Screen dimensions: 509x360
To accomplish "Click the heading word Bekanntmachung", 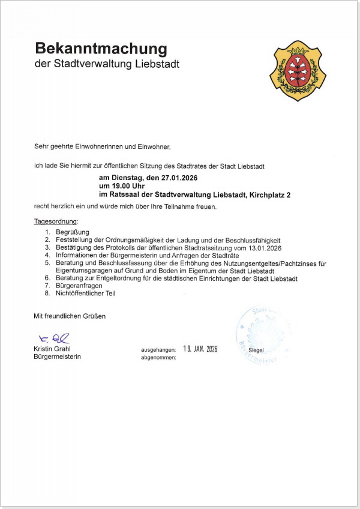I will (x=101, y=49).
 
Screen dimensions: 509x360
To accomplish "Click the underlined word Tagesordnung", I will (x=56, y=222).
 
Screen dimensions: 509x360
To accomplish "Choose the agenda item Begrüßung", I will (x=73, y=232).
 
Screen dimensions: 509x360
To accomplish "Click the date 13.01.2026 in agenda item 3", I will (x=263, y=247).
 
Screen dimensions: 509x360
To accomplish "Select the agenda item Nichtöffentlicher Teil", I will (x=85, y=294).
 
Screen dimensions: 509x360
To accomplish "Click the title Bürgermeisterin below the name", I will (x=58, y=357).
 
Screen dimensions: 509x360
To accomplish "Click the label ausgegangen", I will (x=158, y=349).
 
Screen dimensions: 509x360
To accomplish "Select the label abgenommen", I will (x=158, y=357).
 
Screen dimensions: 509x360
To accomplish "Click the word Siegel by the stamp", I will (x=256, y=350).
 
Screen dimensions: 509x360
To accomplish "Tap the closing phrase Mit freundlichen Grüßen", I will (x=70, y=316).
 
